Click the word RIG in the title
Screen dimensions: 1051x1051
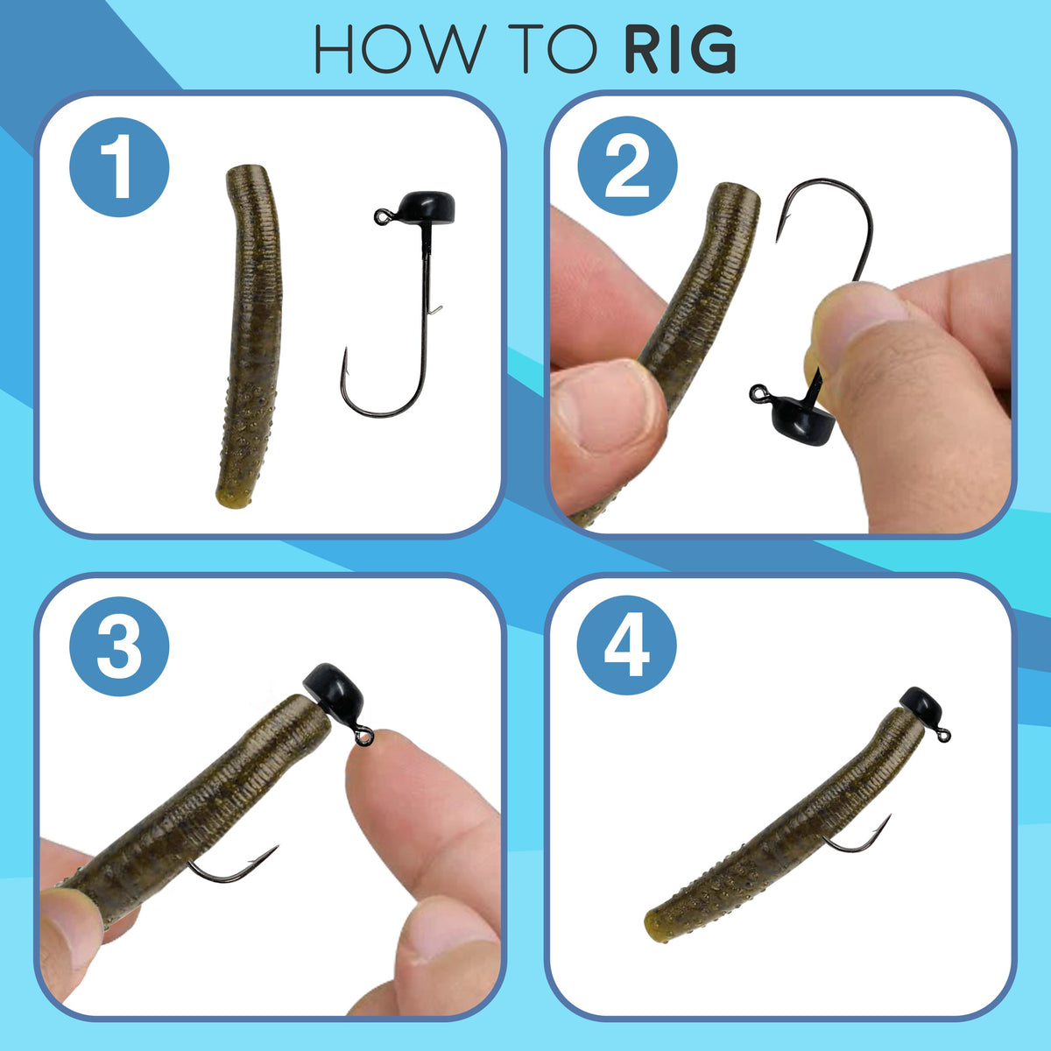[680, 51]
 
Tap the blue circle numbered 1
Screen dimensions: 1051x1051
[119, 167]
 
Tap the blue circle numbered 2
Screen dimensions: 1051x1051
[627, 167]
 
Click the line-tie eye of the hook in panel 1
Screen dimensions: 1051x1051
[381, 214]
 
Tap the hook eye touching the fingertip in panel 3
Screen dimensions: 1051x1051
[364, 738]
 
